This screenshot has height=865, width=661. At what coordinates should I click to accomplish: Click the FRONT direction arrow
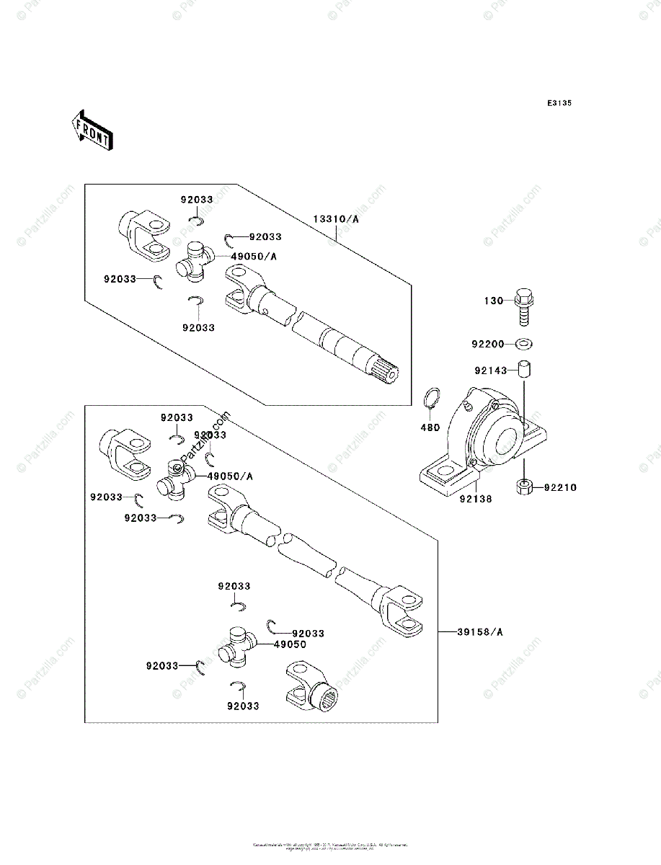pyautogui.click(x=90, y=130)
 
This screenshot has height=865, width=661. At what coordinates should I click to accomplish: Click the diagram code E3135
pyautogui.click(x=559, y=104)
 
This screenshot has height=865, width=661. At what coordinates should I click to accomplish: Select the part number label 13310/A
pyautogui.click(x=336, y=218)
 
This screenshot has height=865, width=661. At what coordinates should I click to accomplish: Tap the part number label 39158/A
pyautogui.click(x=480, y=632)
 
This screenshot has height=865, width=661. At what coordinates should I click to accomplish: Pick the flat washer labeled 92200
pyautogui.click(x=525, y=342)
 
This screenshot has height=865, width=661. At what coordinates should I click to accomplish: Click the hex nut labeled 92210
pyautogui.click(x=525, y=487)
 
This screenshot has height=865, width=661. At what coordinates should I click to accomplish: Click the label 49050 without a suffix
pyautogui.click(x=290, y=644)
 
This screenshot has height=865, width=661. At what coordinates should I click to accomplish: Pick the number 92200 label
pyautogui.click(x=488, y=343)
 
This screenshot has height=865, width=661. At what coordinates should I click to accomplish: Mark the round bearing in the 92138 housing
pyautogui.click(x=500, y=440)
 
